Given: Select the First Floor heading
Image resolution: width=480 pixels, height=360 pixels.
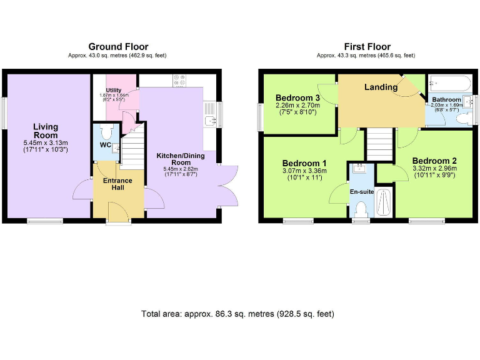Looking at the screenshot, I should click(367, 47).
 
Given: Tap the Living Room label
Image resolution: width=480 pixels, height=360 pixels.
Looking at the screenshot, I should click(46, 131).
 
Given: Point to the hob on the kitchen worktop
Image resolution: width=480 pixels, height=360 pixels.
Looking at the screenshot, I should click(179, 80).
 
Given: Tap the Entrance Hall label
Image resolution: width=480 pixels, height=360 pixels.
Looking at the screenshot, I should click(117, 184).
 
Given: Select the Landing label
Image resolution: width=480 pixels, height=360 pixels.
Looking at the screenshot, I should click(381, 87).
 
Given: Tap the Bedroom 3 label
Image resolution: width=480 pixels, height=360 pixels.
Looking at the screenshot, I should click(297, 98).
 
